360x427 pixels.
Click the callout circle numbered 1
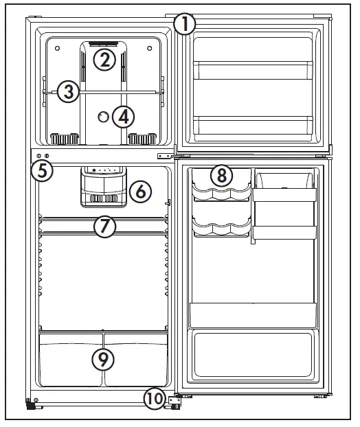click(x=184, y=25)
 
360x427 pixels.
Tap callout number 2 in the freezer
click(x=104, y=60)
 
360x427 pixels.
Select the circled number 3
click(x=67, y=91)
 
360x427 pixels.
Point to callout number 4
click(x=122, y=117)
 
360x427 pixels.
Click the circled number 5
click(x=43, y=170)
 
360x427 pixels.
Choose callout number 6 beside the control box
click(x=139, y=192)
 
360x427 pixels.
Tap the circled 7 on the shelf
click(x=104, y=226)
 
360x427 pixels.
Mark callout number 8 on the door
click(x=221, y=175)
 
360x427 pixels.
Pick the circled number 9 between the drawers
click(x=103, y=358)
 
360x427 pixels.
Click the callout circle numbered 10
click(x=154, y=397)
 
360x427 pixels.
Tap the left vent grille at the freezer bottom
click(x=63, y=139)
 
